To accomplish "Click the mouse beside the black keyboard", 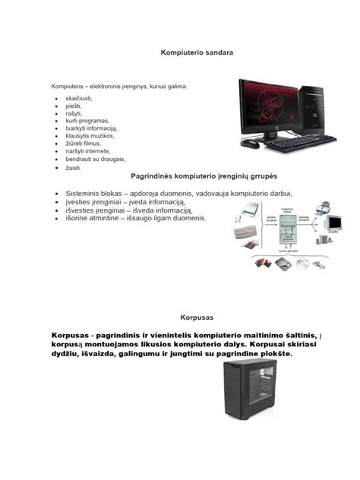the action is [x=249, y=142].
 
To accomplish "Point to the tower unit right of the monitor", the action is [x=328, y=106].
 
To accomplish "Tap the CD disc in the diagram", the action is [x=302, y=264].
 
